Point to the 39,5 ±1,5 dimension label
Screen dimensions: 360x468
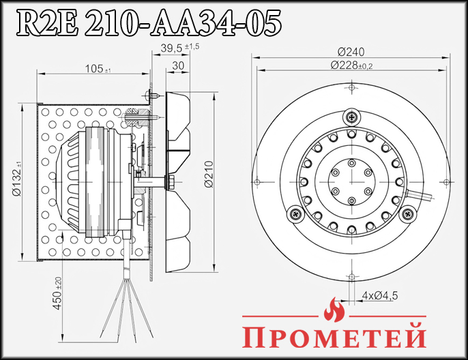coord(179,47)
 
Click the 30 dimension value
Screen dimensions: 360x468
coord(178,65)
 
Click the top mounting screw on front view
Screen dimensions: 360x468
coord(351,117)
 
